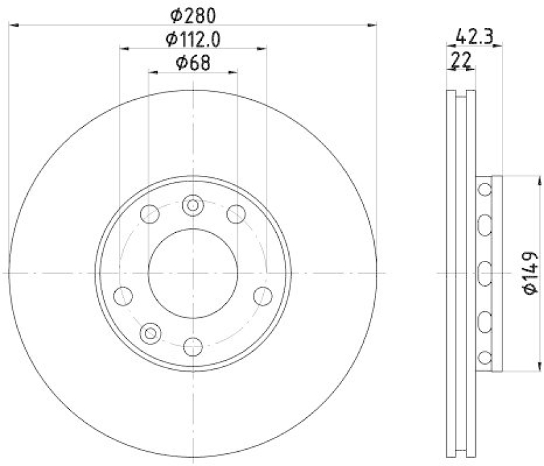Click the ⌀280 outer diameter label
click(x=193, y=14)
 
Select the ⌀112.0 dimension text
click(x=193, y=39)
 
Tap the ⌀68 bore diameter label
click(x=193, y=63)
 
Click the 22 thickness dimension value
click(x=462, y=60)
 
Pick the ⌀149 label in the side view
click(x=530, y=273)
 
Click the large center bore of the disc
click(x=193, y=272)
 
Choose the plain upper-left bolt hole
click(x=150, y=214)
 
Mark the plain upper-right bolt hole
click(x=236, y=214)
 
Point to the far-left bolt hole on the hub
click(x=122, y=295)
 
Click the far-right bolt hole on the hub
click(x=262, y=295)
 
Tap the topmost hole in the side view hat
click(x=484, y=190)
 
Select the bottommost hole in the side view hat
click(x=484, y=357)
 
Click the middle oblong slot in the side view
click(x=484, y=273)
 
